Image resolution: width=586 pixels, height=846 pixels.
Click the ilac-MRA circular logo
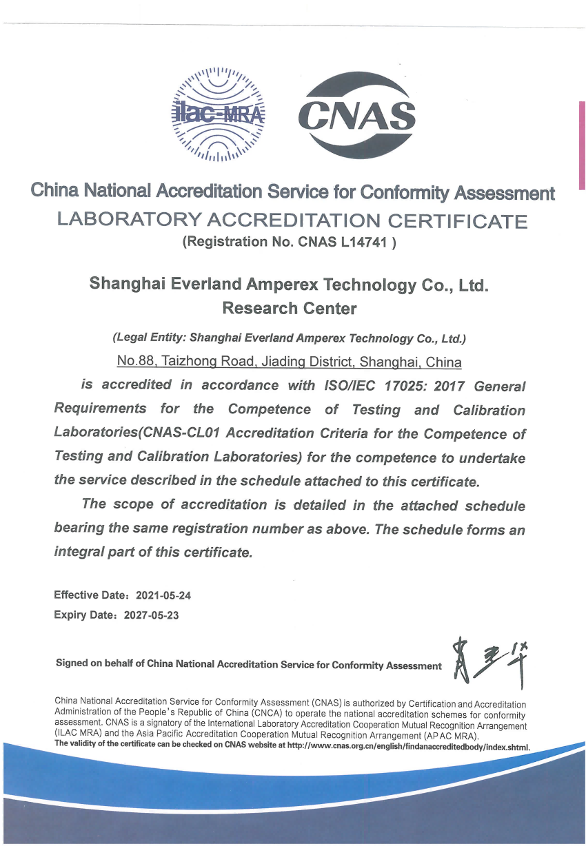218,114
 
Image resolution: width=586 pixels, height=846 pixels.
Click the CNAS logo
357,115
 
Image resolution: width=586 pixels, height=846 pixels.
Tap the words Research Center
290,308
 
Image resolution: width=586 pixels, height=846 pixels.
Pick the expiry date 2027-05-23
151,615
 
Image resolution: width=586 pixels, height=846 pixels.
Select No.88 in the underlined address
135,362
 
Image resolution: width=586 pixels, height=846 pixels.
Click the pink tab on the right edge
582,145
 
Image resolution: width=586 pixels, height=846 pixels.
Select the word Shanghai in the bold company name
123,285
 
